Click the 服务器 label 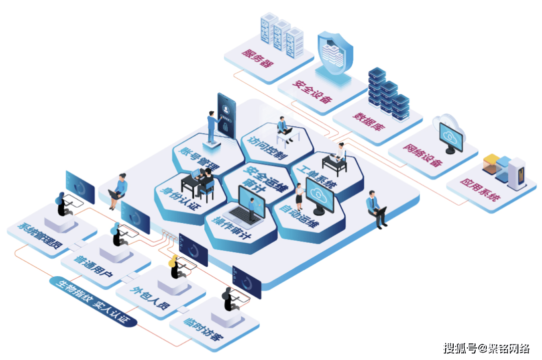click(x=257, y=58)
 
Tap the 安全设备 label click(x=312, y=92)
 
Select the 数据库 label click(x=369, y=121)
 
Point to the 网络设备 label click(x=423, y=155)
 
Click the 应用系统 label click(x=480, y=190)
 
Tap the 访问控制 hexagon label click(x=268, y=148)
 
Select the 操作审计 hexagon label click(x=231, y=228)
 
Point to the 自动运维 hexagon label click(x=299, y=216)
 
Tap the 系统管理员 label click(x=40, y=236)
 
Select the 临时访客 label click(x=204, y=329)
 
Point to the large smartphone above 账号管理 click(x=226, y=116)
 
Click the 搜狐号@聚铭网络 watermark click(x=486, y=348)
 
